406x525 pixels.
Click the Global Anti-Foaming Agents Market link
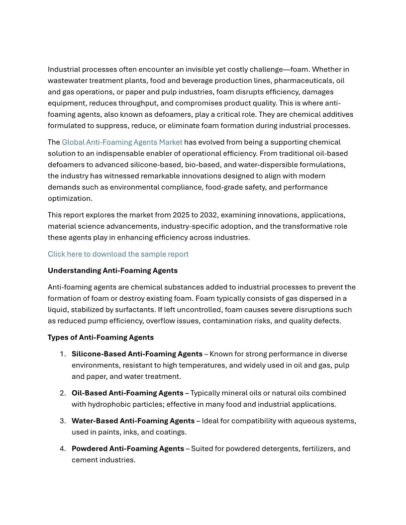click(122, 142)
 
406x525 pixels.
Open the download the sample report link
click(118, 254)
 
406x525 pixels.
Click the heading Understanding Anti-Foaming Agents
click(112, 270)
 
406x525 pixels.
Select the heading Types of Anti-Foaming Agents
click(101, 338)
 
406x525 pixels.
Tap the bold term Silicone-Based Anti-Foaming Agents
click(137, 354)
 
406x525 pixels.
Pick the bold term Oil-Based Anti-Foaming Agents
click(127, 393)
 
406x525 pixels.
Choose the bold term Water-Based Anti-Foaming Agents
click(133, 421)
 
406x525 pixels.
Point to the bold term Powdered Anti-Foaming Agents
click(128, 449)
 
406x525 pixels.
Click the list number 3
click(63, 421)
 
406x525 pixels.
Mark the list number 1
click(63, 354)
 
